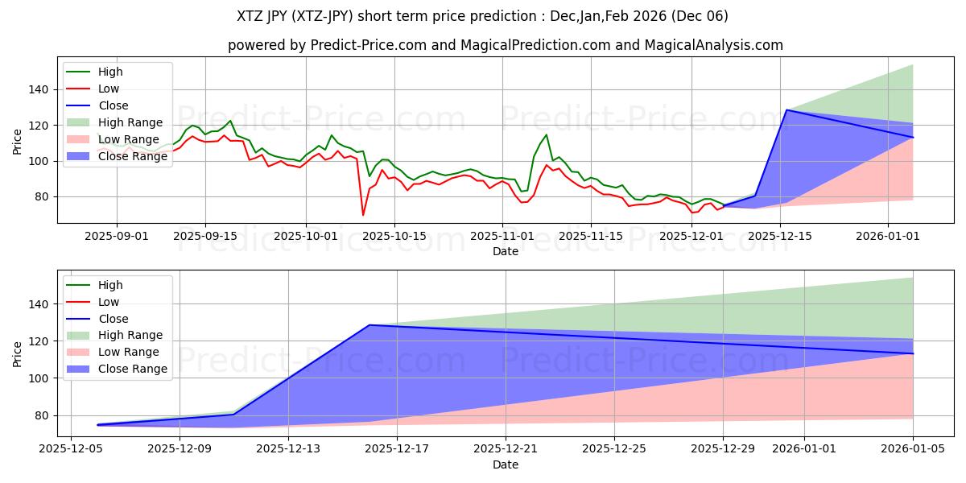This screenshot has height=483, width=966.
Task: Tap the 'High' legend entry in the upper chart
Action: (x=109, y=72)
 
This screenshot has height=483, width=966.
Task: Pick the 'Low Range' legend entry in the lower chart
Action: (x=130, y=352)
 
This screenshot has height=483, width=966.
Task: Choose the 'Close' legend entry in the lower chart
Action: (x=114, y=319)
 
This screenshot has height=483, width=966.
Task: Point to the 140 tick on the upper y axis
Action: (x=39, y=89)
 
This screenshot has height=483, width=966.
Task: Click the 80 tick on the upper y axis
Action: (x=43, y=196)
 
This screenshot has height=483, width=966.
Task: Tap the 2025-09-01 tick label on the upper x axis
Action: (x=117, y=236)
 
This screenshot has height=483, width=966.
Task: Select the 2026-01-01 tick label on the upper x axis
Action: (x=887, y=236)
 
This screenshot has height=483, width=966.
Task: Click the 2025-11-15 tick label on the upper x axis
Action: (x=591, y=236)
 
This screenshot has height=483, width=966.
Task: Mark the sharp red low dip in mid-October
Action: (x=363, y=215)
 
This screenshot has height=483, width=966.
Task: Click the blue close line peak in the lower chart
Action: (x=369, y=325)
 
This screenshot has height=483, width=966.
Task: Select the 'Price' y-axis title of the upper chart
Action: (x=18, y=142)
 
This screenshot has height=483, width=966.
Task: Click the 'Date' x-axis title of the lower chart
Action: (x=505, y=464)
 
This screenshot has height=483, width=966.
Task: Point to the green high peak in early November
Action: (x=546, y=134)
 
